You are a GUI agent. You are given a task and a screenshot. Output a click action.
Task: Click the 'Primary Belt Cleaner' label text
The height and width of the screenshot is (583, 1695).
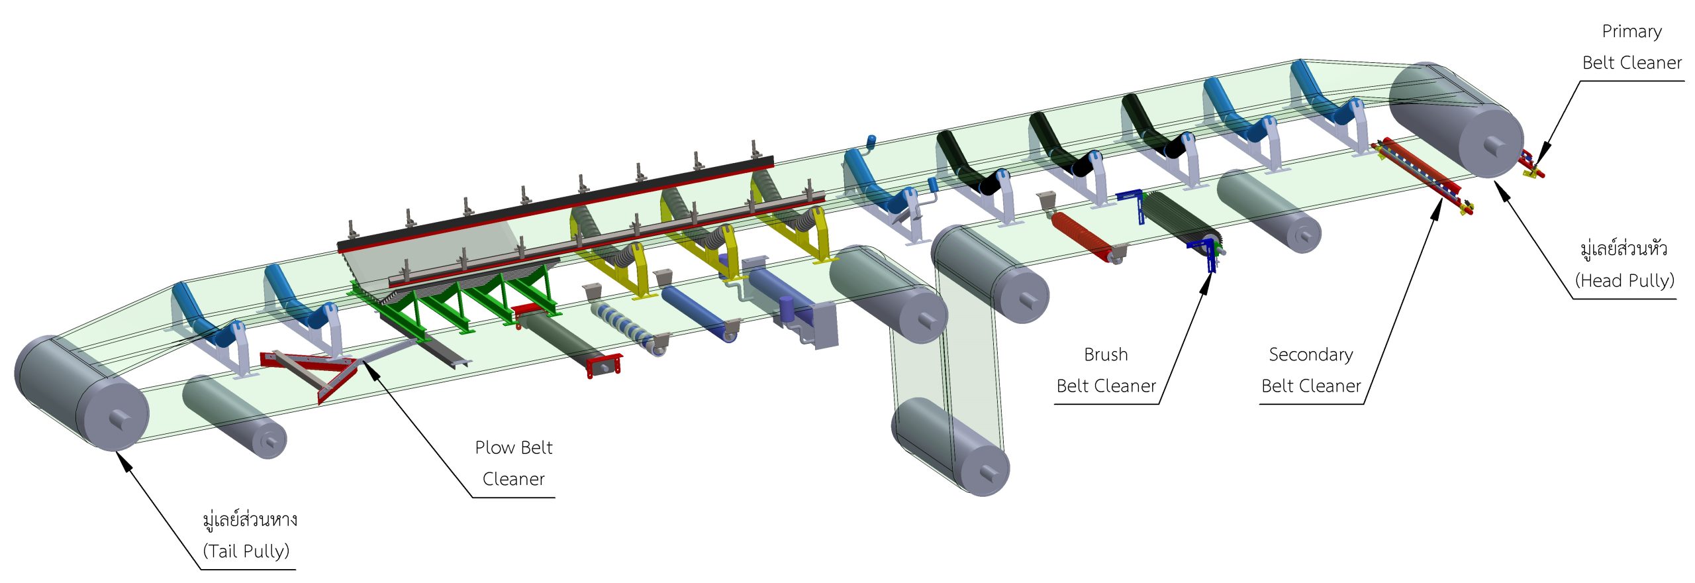click(x=1631, y=47)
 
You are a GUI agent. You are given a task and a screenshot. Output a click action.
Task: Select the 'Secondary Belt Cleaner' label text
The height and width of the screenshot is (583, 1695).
click(x=1310, y=370)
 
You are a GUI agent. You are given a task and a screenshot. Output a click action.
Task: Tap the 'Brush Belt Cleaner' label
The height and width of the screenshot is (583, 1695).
click(x=1106, y=370)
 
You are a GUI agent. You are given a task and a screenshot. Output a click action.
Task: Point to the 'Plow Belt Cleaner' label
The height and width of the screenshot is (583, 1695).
click(x=514, y=463)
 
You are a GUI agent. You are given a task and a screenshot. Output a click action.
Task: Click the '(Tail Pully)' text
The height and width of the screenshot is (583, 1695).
click(x=246, y=551)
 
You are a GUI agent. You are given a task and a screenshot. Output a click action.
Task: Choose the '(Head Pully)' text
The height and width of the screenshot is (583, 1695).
click(x=1624, y=281)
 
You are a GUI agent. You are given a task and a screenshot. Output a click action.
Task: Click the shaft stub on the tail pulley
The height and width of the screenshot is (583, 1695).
click(x=119, y=419)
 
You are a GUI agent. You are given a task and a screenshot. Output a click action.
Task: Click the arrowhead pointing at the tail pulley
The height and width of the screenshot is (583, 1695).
click(x=124, y=461)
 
